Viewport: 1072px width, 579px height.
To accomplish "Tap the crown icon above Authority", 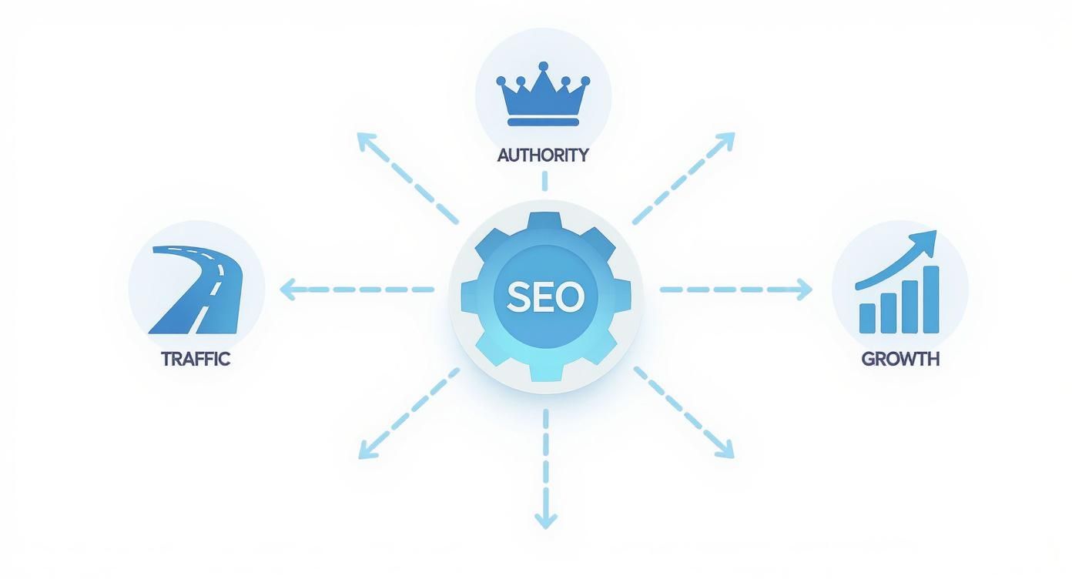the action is click(x=543, y=95).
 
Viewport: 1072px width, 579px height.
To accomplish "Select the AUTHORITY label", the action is click(x=543, y=155).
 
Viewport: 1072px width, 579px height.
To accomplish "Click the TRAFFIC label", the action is click(x=196, y=359).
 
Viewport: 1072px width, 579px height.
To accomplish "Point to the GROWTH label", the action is click(x=900, y=359).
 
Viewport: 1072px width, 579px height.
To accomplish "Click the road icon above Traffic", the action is click(x=196, y=289).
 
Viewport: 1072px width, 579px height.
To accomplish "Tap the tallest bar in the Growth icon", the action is click(x=930, y=300).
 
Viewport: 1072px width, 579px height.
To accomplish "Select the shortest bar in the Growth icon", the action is click(x=868, y=317).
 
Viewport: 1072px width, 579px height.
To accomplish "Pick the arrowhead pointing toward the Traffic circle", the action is click(x=286, y=290).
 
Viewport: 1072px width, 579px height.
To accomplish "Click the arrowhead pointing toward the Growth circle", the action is click(x=804, y=290).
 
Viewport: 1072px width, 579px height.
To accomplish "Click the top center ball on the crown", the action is click(x=544, y=67).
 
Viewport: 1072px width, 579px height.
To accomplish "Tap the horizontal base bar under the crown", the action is click(x=543, y=122).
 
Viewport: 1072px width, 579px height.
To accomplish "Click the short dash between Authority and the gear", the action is click(x=544, y=182).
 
